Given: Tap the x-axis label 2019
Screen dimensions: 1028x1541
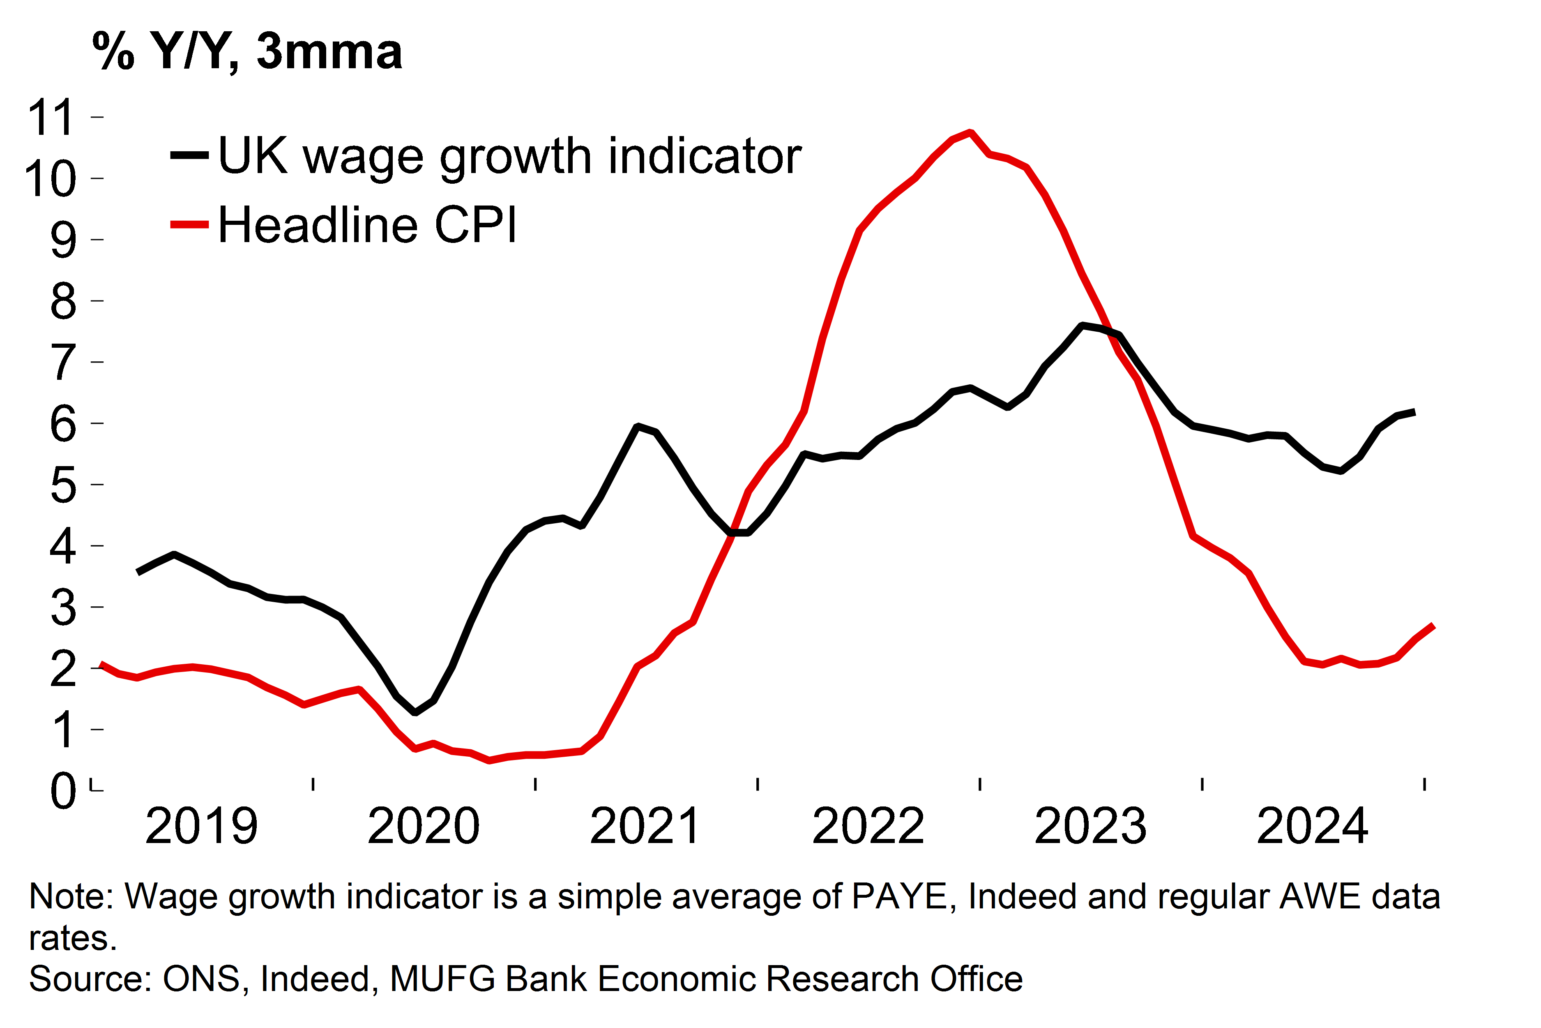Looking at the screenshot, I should tap(201, 826).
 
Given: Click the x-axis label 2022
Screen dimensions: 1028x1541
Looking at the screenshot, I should tap(868, 826).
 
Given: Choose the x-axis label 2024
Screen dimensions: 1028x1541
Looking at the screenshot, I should tap(1312, 826).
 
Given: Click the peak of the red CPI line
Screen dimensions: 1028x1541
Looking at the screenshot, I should tap(970, 132).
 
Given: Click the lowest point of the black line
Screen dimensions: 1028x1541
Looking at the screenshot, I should tap(415, 712).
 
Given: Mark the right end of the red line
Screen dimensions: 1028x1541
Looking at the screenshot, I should tap(1433, 626).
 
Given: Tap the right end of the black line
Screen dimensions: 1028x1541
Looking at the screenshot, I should tap(1414, 412).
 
